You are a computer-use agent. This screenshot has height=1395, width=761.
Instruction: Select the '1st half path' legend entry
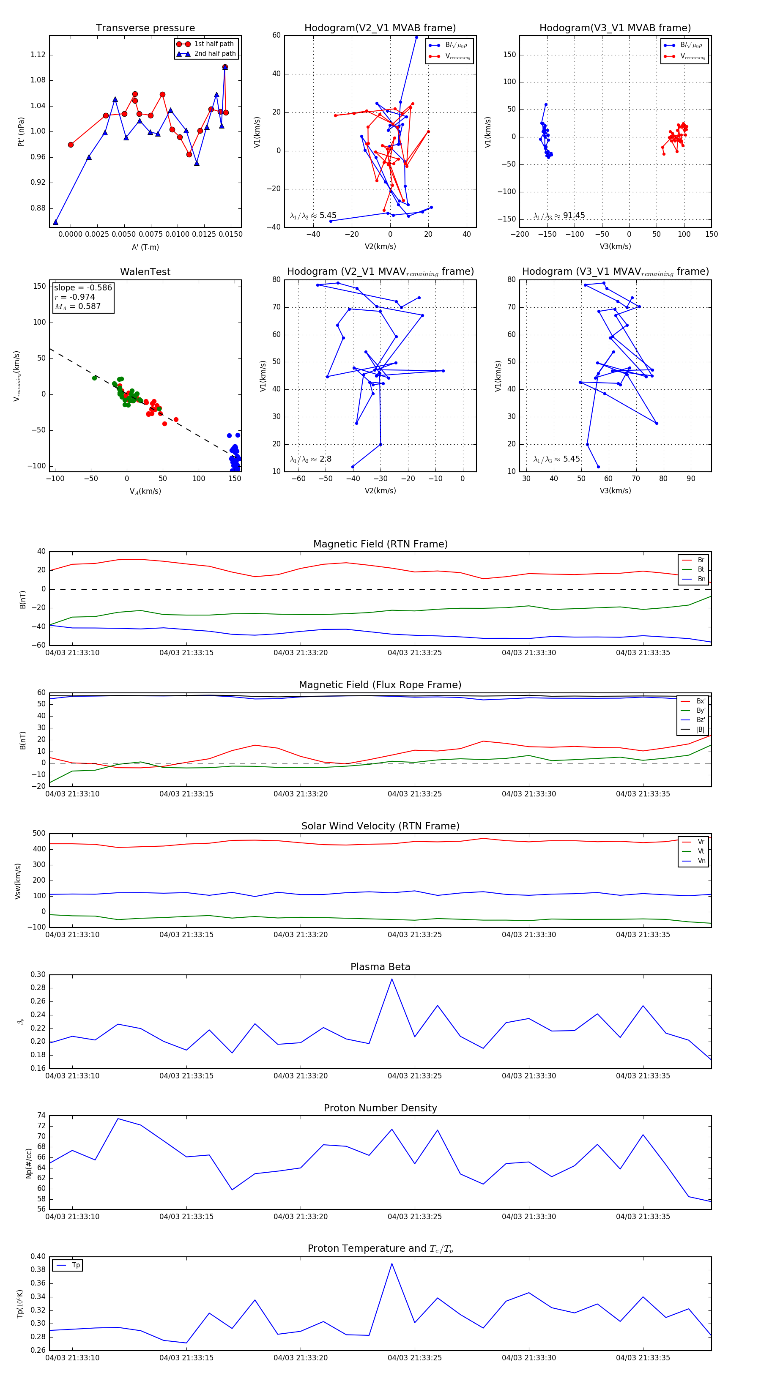pos(214,44)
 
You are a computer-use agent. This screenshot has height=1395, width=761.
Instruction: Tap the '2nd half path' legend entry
pos(214,54)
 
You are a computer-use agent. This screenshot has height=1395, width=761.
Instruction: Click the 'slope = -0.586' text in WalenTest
pos(83,287)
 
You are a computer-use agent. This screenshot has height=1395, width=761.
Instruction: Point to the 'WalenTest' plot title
pos(145,272)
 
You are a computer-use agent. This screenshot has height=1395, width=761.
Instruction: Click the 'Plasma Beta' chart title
pos(380,967)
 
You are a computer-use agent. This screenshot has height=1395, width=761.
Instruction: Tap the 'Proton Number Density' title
pos(380,1108)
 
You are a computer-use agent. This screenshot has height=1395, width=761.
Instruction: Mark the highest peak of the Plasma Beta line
pos(391,979)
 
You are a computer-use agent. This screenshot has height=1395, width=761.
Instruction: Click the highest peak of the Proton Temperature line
pos(391,1264)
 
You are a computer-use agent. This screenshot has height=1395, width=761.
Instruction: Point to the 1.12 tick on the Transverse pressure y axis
pos(38,55)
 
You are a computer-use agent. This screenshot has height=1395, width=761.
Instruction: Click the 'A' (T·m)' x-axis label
pos(145,247)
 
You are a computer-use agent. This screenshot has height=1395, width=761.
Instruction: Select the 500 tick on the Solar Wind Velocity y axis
pos(39,834)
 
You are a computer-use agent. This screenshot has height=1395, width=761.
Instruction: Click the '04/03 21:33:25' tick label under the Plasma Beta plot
pos(414,1075)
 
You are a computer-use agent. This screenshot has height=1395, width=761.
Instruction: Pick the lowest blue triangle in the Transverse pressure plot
pos(55,222)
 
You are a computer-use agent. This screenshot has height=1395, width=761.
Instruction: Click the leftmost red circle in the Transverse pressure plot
pos(71,145)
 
